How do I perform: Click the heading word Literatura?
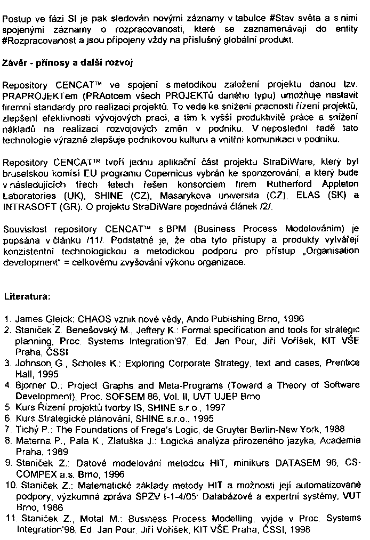click(27, 295)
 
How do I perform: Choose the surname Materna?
click(31, 440)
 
